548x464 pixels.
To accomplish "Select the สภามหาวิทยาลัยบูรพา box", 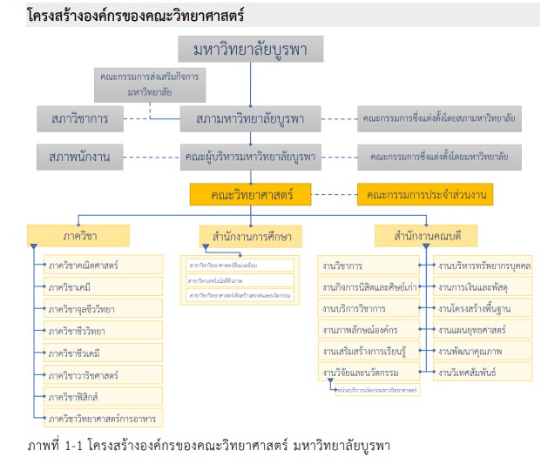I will (x=250, y=118).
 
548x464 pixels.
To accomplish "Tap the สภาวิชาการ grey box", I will (x=80, y=118).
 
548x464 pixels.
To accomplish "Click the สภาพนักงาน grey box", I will (x=80, y=158).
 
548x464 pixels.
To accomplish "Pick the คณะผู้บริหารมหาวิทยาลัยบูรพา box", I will (x=250, y=158).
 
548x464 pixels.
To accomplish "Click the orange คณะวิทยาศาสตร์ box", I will (x=250, y=193).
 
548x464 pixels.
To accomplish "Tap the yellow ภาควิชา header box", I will (x=78, y=236).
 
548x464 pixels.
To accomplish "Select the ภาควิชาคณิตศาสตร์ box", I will (x=103, y=264).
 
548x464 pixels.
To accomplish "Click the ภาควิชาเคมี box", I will (x=103, y=286).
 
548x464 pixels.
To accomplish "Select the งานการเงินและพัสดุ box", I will (x=484, y=286).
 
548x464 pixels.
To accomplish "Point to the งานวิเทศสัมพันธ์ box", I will (x=484, y=372).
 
